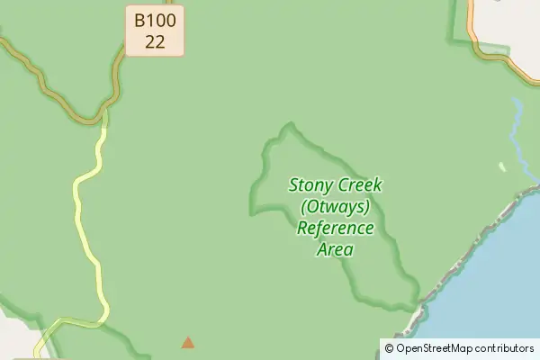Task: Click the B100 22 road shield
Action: [155, 31]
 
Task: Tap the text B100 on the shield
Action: [155, 20]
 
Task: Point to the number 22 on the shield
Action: [155, 41]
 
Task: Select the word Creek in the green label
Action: [361, 186]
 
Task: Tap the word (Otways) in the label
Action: [336, 207]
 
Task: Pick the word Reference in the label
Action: [336, 228]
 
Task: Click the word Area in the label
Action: [335, 248]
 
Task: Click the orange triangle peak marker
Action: [187, 342]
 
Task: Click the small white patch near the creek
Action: [502, 166]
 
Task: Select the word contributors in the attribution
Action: [507, 348]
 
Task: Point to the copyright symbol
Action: [389, 348]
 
